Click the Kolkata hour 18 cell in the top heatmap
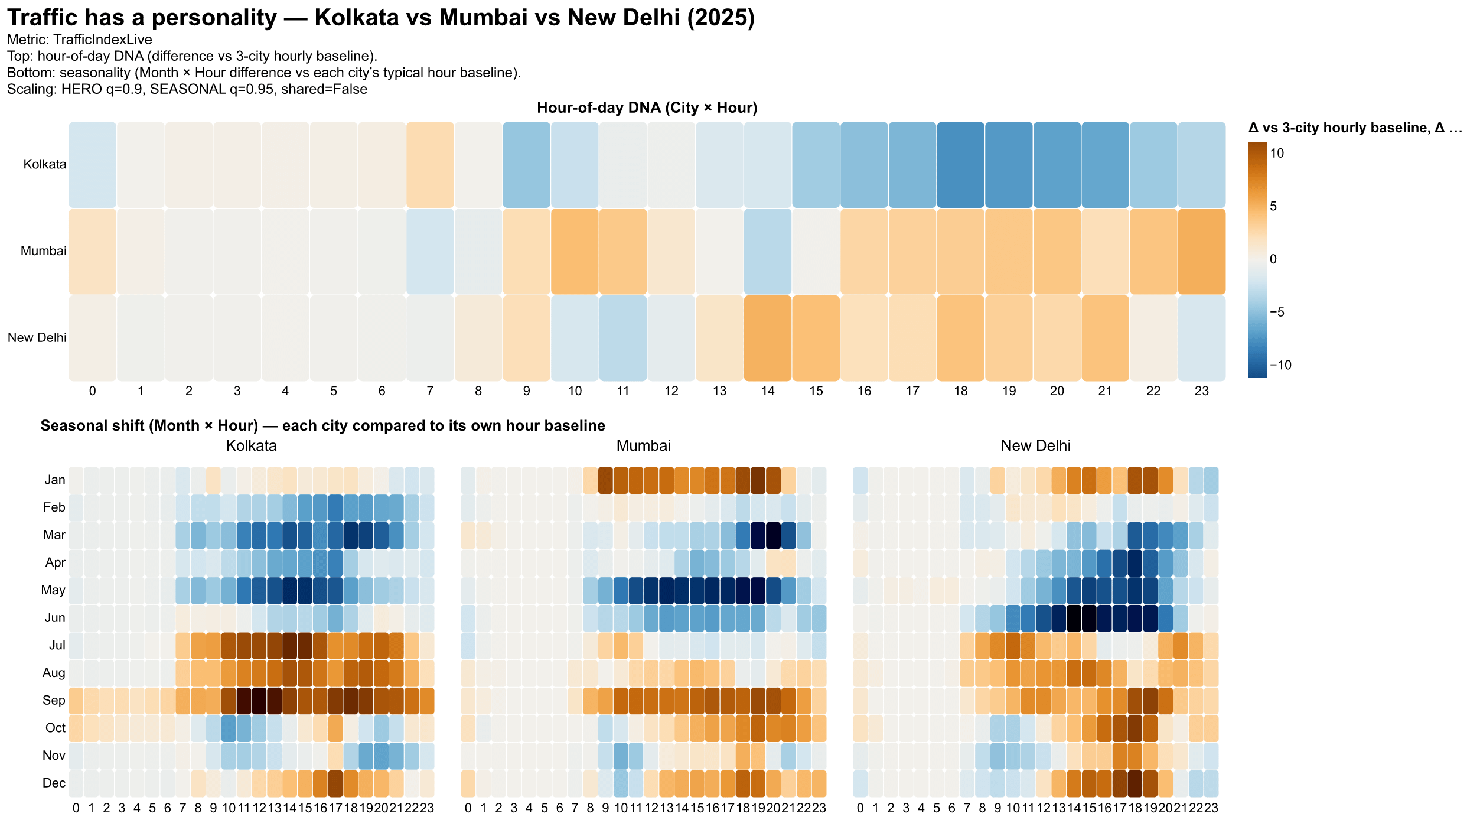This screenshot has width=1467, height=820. pos(961,165)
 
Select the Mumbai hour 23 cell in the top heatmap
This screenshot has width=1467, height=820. pos(1202,251)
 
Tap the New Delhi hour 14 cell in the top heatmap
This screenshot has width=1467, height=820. pos(768,338)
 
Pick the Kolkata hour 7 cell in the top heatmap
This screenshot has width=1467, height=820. pos(430,165)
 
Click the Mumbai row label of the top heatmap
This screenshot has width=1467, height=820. pos(44,251)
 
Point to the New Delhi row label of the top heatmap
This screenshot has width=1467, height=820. pos(37,338)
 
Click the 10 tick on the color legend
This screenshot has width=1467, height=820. pos(1277,154)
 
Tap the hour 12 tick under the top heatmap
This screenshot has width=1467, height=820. pos(671,391)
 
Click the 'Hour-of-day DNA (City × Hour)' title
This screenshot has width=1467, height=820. pos(647,108)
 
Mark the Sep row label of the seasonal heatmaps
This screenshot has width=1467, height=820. pos(54,701)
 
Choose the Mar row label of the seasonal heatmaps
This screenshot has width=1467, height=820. pos(54,535)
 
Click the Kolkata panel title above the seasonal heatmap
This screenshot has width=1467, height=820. pos(252,446)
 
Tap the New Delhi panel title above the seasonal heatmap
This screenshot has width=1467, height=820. pos(1035,446)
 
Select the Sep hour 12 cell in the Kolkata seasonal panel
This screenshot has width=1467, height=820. pos(259,701)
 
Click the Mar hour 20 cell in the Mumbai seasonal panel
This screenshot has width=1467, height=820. pos(772,535)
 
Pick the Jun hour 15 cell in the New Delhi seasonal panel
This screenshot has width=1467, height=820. pos(1088,618)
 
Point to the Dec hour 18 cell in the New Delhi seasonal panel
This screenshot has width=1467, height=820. pos(1135,783)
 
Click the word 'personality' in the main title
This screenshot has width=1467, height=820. pos(214,18)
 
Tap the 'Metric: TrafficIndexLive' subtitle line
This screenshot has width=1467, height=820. pos(80,40)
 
